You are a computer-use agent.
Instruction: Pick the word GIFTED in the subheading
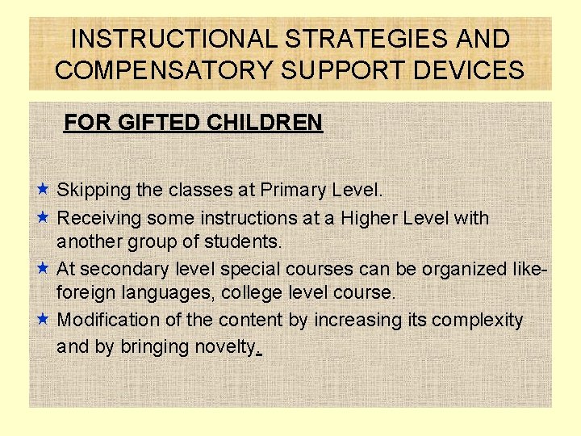[153, 123]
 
